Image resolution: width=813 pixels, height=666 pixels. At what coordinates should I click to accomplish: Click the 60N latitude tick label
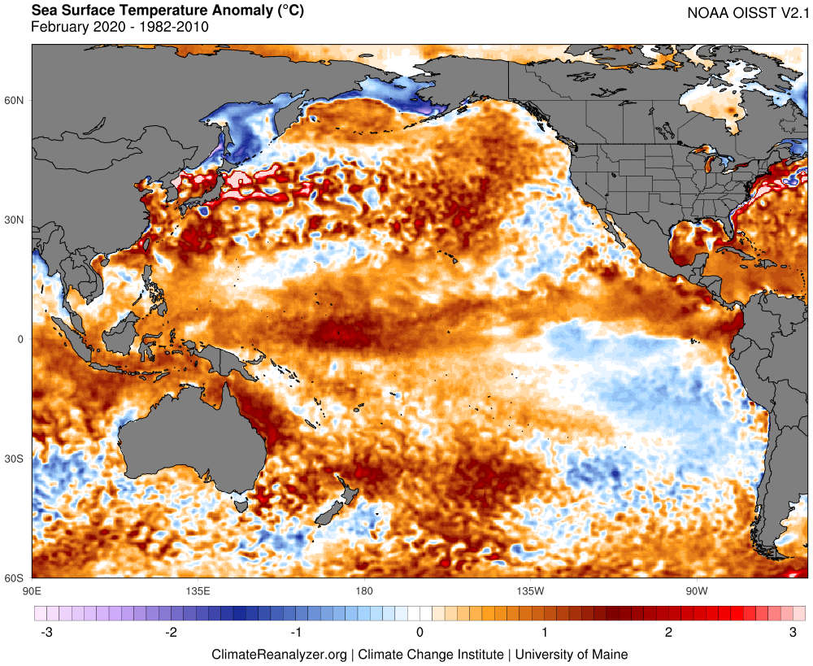click(15, 101)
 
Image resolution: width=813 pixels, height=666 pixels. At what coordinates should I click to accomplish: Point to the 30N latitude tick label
click(15, 220)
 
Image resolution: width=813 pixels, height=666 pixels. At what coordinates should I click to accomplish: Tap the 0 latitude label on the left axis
click(22, 339)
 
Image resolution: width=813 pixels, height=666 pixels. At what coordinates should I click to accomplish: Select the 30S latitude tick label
click(15, 459)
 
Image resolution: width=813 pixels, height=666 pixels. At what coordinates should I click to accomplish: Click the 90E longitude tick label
click(33, 589)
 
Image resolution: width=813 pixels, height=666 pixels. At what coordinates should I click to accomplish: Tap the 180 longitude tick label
click(363, 589)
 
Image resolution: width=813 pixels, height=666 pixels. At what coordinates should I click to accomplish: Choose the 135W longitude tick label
click(529, 589)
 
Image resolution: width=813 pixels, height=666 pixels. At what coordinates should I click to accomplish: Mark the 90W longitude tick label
click(695, 589)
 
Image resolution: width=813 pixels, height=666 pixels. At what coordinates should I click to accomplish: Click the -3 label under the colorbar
click(46, 633)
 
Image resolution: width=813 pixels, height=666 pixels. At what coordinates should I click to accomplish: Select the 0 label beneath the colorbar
click(420, 633)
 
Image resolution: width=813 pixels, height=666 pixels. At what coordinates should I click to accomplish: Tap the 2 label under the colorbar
click(668, 633)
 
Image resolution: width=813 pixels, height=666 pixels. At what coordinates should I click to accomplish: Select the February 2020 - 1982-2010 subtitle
click(120, 27)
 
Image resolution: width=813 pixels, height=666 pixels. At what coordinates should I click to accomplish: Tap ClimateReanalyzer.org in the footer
click(279, 654)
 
